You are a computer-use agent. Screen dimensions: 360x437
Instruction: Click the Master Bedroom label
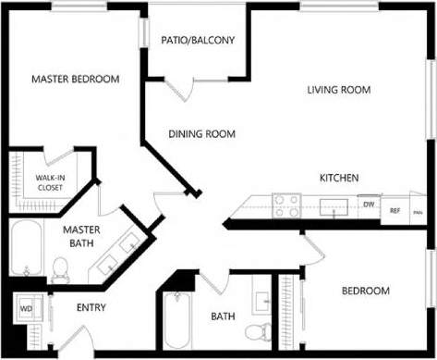pyautogui.click(x=76, y=80)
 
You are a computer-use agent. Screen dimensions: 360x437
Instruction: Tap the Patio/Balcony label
pyautogui.click(x=198, y=41)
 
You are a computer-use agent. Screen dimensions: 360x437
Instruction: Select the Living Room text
pyautogui.click(x=339, y=91)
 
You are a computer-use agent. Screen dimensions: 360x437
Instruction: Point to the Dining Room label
pyautogui.click(x=201, y=134)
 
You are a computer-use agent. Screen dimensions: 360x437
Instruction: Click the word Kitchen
pyautogui.click(x=339, y=178)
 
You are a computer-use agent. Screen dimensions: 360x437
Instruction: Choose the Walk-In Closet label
pyautogui.click(x=50, y=181)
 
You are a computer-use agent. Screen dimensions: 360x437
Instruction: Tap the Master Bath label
pyautogui.click(x=81, y=236)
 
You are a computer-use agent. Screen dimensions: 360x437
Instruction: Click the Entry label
pyautogui.click(x=91, y=308)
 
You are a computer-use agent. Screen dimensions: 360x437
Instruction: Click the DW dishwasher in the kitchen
pyautogui.click(x=368, y=205)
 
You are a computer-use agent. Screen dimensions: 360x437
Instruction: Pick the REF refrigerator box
pyautogui.click(x=395, y=210)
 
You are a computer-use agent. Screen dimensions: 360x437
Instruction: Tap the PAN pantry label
pyautogui.click(x=418, y=211)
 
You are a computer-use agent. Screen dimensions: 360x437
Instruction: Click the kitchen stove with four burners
pyautogui.click(x=285, y=205)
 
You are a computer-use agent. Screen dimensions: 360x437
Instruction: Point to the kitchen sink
pyautogui.click(x=333, y=206)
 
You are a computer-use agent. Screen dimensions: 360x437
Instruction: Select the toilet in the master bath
pyautogui.click(x=61, y=270)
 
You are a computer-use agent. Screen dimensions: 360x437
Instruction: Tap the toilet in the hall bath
pyautogui.click(x=263, y=329)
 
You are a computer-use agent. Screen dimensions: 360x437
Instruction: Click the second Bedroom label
pyautogui.click(x=366, y=292)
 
